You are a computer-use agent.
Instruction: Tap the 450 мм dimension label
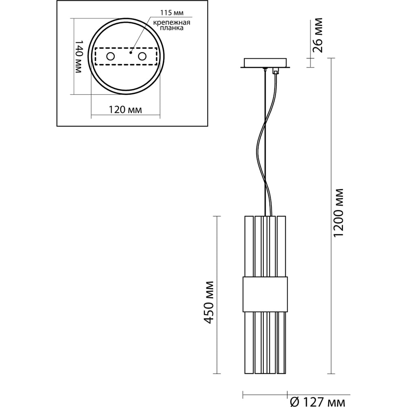coord(210,302)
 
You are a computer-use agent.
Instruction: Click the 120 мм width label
coord(125,109)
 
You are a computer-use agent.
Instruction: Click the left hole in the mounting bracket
coord(110,57)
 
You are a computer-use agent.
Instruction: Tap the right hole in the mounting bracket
coord(142,57)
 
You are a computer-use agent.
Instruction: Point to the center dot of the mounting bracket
coord(131,52)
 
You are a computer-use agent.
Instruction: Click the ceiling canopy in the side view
coord(265,63)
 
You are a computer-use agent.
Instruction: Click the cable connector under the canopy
coord(276,71)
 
